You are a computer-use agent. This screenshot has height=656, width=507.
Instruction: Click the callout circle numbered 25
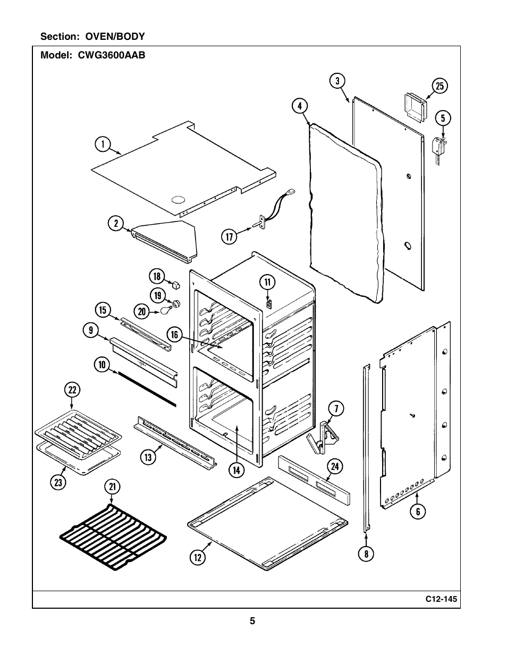click(x=440, y=86)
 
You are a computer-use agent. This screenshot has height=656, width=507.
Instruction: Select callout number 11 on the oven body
click(x=267, y=282)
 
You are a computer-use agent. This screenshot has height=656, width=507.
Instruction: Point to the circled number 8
click(x=366, y=553)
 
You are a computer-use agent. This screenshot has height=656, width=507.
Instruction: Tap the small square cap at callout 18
click(x=176, y=284)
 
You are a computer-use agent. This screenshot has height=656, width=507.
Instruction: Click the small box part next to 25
click(x=415, y=108)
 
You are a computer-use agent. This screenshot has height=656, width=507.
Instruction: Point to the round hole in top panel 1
click(x=178, y=199)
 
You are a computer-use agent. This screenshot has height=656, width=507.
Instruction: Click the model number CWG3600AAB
click(x=112, y=55)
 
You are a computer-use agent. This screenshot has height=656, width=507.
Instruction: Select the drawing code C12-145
click(x=441, y=599)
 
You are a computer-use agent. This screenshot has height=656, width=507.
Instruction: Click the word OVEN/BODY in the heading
click(x=115, y=37)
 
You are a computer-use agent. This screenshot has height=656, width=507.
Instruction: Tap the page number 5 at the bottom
click(x=252, y=621)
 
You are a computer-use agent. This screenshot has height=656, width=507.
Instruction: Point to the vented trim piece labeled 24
click(x=314, y=480)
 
